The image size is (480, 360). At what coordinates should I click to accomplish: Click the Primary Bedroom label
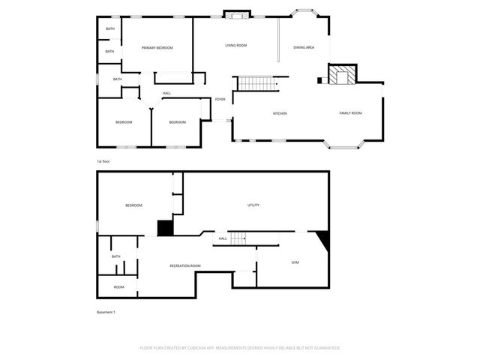click(157, 48)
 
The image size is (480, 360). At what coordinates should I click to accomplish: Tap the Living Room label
click(236, 46)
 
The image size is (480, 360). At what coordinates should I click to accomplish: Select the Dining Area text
click(304, 47)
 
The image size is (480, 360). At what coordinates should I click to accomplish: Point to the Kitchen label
click(279, 113)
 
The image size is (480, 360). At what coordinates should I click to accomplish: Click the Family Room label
click(350, 113)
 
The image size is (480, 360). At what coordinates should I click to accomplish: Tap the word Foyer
click(220, 99)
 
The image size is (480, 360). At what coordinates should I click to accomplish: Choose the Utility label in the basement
click(253, 205)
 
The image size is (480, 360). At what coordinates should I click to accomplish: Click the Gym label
click(295, 262)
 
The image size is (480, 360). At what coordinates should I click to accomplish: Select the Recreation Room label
click(184, 266)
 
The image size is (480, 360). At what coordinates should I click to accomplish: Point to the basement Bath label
click(116, 256)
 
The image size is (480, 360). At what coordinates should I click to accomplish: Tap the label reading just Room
click(118, 286)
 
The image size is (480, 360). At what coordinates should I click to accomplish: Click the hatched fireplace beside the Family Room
click(343, 74)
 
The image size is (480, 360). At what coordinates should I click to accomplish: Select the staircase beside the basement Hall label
click(238, 238)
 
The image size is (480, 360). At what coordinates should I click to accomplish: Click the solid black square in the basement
click(164, 228)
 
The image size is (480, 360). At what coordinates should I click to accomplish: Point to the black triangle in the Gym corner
click(323, 238)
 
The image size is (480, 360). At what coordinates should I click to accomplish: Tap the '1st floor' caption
click(103, 161)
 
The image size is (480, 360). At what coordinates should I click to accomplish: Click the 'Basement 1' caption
click(106, 312)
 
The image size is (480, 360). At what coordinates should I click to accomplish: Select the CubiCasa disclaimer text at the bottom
click(240, 348)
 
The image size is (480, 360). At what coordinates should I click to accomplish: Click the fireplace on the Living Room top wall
click(238, 14)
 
